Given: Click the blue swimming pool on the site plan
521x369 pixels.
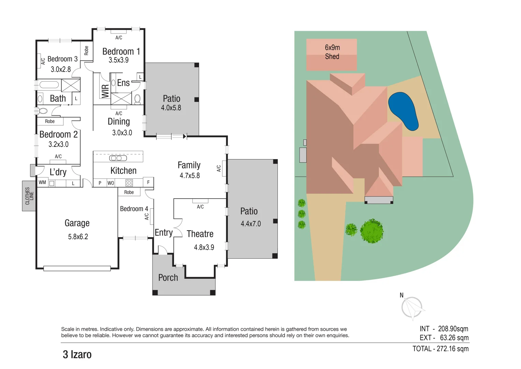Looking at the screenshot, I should pos(403,111).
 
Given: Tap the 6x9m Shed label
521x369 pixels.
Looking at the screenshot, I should pos(332,52).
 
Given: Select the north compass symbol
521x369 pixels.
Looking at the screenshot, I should pos(411,307).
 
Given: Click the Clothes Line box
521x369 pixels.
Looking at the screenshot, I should pos(29,196).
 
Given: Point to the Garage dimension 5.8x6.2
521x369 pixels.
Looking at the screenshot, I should pos(78,237).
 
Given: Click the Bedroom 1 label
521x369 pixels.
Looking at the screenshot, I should pos(121,52).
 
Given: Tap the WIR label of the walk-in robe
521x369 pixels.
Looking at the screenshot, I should pos(105,91).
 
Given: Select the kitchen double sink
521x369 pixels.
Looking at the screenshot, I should pos(118,158).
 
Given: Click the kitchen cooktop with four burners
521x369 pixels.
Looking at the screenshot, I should pos(129,183).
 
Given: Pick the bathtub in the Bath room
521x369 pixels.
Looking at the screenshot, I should pos(49,85).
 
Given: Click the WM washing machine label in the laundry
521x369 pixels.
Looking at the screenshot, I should pos(42,182).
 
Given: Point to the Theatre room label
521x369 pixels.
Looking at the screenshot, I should pos(200,234).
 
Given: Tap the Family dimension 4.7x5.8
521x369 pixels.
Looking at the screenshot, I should pos(190,176).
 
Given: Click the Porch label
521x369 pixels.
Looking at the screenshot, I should pos(168,278).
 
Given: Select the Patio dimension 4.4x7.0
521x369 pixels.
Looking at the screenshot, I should pos(250,224).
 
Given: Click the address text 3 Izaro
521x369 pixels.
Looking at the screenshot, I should pos(77,355).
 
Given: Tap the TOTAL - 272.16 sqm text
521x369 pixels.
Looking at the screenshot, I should pos(440,349).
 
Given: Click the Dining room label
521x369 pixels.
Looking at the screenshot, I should pos(119,122).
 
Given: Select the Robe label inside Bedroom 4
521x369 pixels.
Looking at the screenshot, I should pos(129,192).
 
